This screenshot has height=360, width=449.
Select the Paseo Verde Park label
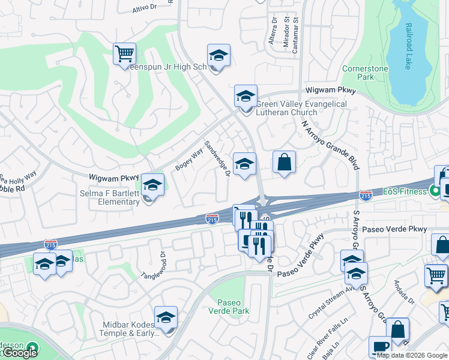pos(228,306)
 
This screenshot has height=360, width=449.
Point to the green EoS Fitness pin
pos(436,192)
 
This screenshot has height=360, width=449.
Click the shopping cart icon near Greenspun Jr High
pos(124,53)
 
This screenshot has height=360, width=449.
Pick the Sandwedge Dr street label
pos(217,159)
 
